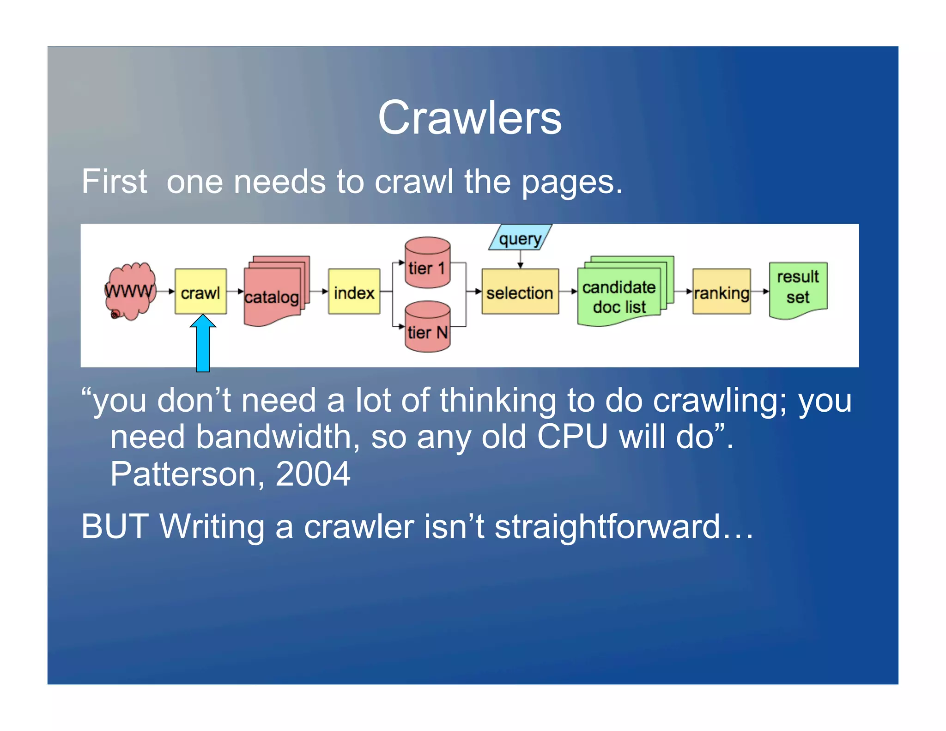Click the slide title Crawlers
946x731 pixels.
coord(470,118)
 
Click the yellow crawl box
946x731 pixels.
coord(200,292)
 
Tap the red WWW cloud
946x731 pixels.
coord(129,291)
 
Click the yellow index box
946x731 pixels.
coord(354,292)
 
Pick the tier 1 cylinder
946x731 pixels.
coord(427,263)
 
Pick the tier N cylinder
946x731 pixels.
coord(427,327)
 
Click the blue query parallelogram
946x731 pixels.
coord(521,238)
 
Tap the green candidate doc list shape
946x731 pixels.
coord(619,296)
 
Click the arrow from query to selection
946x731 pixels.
coord(521,259)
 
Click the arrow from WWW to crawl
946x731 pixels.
coord(165,292)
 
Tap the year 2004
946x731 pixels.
coord(313,474)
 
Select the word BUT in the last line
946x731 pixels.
coord(115,527)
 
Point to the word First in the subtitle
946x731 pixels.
coord(114,182)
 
